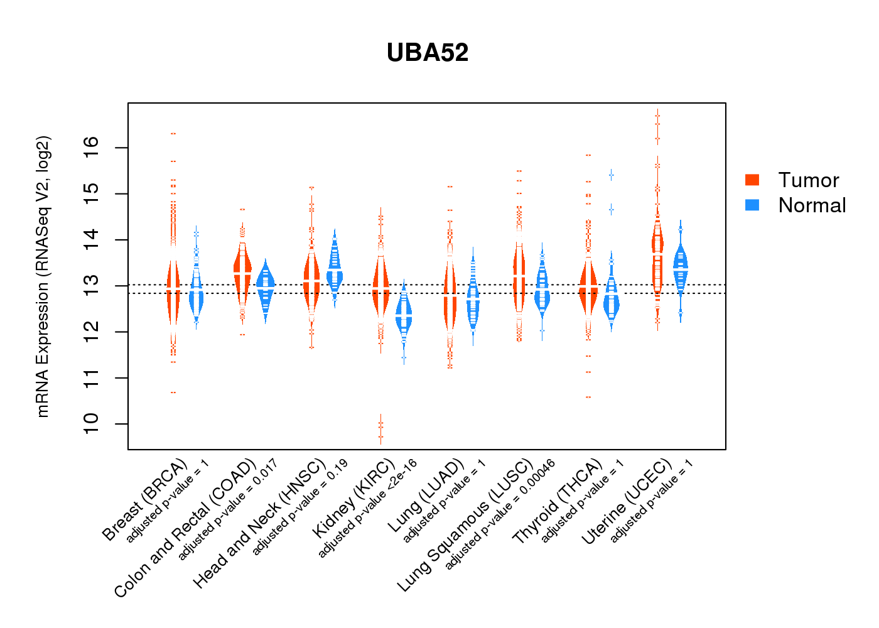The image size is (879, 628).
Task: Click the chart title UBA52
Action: pyautogui.click(x=428, y=53)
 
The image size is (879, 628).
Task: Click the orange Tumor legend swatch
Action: pyautogui.click(x=752, y=180)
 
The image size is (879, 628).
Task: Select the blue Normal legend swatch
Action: pyautogui.click(x=752, y=205)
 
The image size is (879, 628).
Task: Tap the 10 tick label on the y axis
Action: pyautogui.click(x=92, y=424)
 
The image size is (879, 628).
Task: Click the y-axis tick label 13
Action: pyautogui.click(x=92, y=286)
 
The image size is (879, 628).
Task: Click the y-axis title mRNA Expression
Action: pyautogui.click(x=43, y=276)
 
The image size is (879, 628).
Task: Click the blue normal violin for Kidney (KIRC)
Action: pyautogui.click(x=404, y=317)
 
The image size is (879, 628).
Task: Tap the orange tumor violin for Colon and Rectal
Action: pyautogui.click(x=242, y=270)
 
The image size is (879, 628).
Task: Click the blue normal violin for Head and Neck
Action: pyautogui.click(x=335, y=270)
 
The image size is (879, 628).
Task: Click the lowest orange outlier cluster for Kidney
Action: pyautogui.click(x=380, y=430)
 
